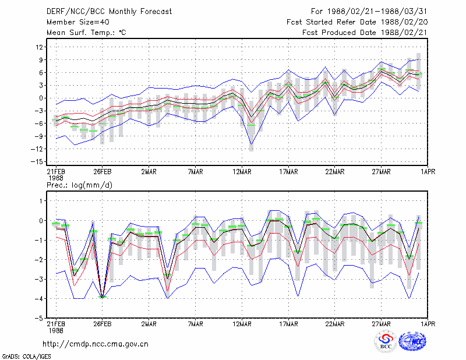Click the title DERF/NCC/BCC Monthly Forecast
pos(109,12)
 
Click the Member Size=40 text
pos(78,22)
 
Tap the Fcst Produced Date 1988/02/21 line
pos(365,33)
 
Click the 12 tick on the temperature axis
pos(40,47)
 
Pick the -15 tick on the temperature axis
pos(37,162)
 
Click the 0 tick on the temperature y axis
pos(41,98)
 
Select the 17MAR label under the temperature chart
pos(288,172)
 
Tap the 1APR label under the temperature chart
pos(428,172)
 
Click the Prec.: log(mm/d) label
pos(79,185)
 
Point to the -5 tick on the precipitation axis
pos(39,318)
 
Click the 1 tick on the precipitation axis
pos(41,201)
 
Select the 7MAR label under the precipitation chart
pos(196,324)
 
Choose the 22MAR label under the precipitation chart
pos(334,324)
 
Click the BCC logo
pos(386,341)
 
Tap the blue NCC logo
pos(412,341)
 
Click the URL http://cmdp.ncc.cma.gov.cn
pos(96,344)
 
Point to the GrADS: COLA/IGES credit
pos(26,357)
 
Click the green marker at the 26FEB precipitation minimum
pos(103,297)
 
